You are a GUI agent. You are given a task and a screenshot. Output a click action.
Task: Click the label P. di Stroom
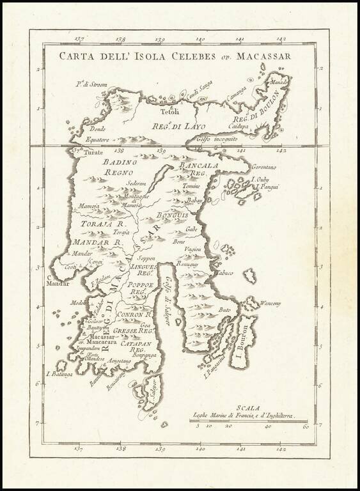pyautogui.click(x=90, y=82)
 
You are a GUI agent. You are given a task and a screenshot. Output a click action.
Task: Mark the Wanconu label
pyautogui.click(x=270, y=304)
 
